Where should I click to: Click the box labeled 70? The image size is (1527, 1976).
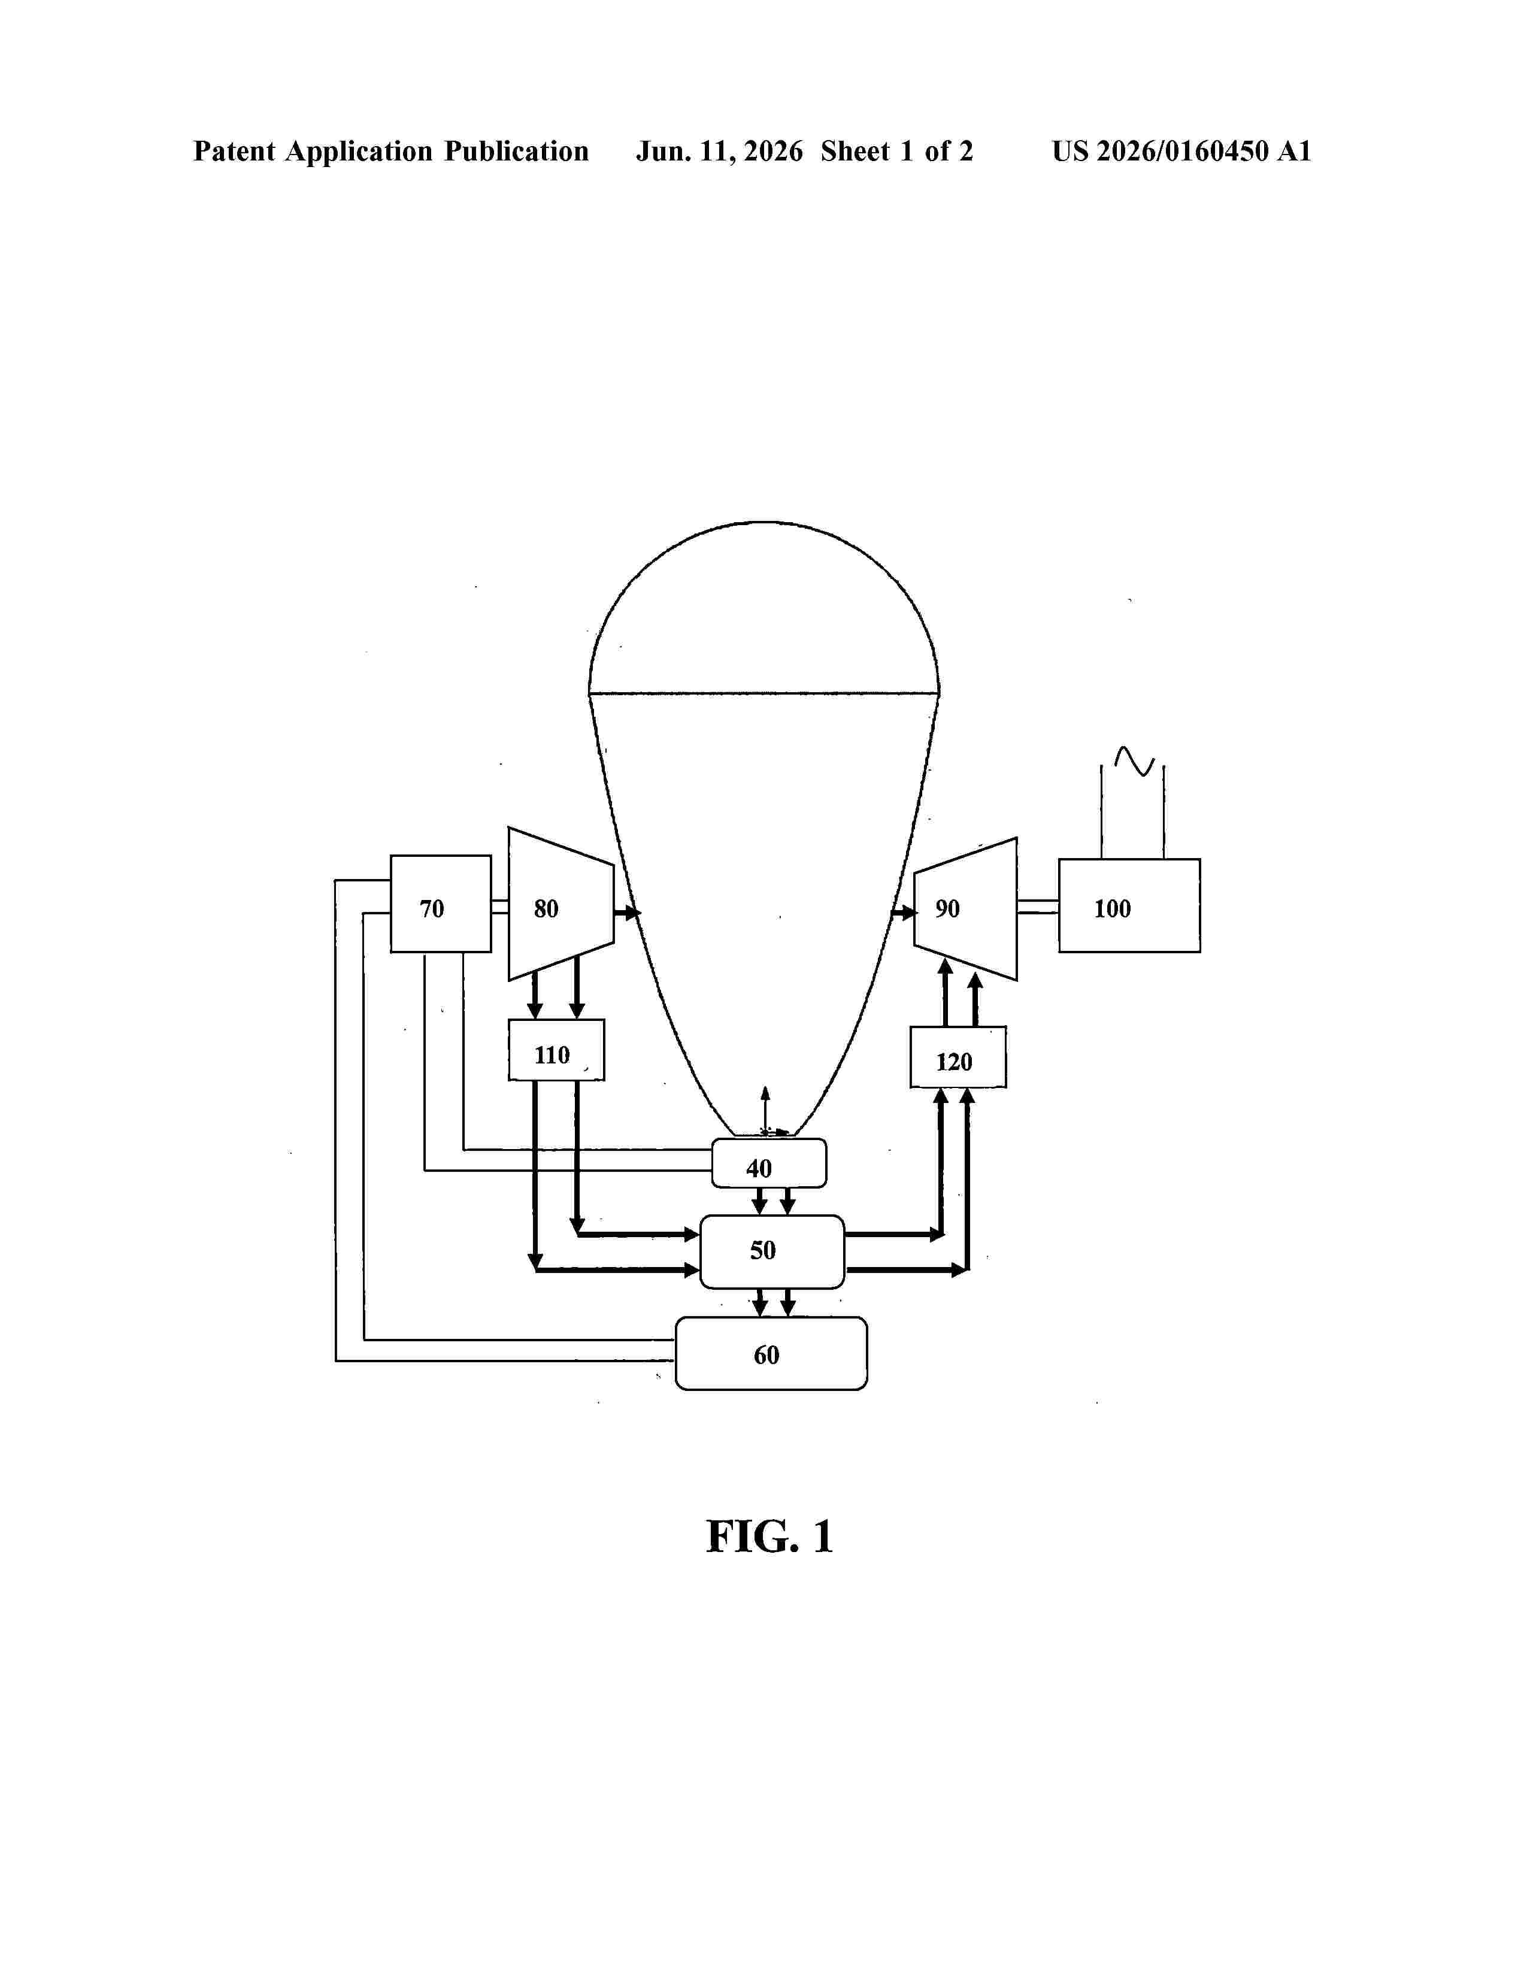click(441, 903)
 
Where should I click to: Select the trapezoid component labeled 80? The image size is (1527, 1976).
click(561, 904)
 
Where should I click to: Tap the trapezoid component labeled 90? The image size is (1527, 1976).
click(965, 908)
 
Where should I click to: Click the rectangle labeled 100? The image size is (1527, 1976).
click(1129, 905)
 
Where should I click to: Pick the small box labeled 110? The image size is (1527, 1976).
click(556, 1050)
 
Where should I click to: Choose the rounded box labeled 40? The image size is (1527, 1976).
click(769, 1163)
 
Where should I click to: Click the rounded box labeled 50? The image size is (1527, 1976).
click(772, 1251)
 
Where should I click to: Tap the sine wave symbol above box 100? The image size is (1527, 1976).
click(1134, 760)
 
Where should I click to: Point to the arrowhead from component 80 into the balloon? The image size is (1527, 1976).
click(633, 912)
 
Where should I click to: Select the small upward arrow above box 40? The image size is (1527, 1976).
click(765, 1109)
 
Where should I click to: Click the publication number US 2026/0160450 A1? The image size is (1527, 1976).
click(1181, 151)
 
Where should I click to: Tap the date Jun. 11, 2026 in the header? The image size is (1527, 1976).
click(719, 151)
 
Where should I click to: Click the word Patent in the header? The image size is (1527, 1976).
click(234, 151)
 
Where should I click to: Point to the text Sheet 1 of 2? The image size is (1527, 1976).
click(896, 151)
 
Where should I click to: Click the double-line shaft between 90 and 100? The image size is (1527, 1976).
click(1038, 907)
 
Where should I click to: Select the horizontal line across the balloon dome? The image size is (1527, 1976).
click(765, 694)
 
